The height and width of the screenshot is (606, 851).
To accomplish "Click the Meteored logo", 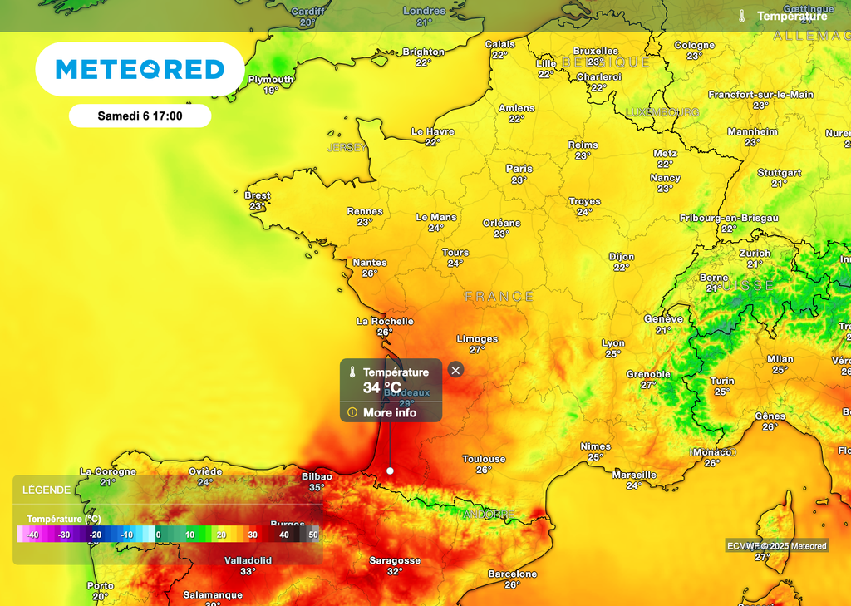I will (x=140, y=70).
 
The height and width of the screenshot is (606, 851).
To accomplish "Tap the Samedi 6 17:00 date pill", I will (x=140, y=116).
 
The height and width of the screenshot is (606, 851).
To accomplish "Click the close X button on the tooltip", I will (x=455, y=370).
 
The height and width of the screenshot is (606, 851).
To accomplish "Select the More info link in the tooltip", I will (x=389, y=412).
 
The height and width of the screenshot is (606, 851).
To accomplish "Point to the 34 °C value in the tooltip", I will (x=382, y=387).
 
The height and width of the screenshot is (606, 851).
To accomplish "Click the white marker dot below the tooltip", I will (x=390, y=471).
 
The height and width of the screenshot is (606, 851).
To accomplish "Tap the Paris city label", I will (x=519, y=169).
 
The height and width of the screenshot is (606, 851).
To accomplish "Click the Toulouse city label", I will (x=484, y=459).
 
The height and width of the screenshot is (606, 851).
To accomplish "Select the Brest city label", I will (x=258, y=195).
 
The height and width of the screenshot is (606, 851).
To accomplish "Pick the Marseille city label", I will (x=634, y=475).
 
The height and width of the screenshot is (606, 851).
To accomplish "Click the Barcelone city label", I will (x=512, y=574).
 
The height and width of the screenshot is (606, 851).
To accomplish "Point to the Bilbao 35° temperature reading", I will (x=317, y=488).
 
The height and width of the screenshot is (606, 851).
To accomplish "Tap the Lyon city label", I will (x=613, y=343).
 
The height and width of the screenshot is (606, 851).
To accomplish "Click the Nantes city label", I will (x=370, y=263).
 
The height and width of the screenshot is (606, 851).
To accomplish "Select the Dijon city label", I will (x=621, y=257).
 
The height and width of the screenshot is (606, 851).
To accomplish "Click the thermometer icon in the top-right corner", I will (x=741, y=16).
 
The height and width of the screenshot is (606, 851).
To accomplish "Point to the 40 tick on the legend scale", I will (x=283, y=535).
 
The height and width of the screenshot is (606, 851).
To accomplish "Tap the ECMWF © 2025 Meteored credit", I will (x=777, y=546).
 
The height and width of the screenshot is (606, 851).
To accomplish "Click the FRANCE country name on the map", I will (x=499, y=297).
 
